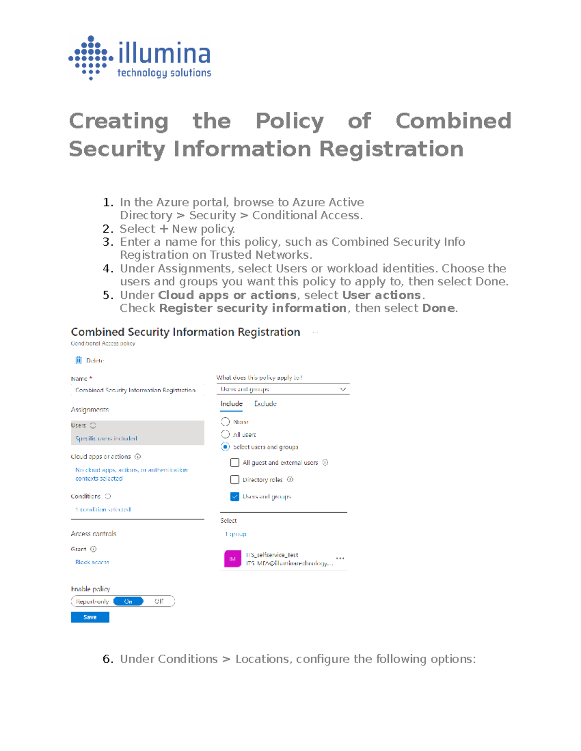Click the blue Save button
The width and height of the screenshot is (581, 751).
90,617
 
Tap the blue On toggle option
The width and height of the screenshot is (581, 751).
128,601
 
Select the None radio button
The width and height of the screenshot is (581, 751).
225,422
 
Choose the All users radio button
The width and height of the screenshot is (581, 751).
225,434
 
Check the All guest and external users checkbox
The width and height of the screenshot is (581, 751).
235,463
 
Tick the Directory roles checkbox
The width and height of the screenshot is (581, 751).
235,480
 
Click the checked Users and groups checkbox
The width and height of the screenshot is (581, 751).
235,497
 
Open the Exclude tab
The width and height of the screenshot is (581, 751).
265,404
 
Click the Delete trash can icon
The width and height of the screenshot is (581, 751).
78,360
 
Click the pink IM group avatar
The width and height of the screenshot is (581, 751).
232,559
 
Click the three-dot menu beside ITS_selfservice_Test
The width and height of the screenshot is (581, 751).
340,558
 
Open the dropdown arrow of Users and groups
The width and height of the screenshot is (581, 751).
343,389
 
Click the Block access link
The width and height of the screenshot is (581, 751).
92,562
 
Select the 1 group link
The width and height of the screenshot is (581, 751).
236,534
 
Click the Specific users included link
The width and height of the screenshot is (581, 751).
106,439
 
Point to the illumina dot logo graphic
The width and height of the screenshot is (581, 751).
91,58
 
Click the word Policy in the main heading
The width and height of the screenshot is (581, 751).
290,121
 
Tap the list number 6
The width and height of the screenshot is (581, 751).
107,659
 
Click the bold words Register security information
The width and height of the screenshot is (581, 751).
252,308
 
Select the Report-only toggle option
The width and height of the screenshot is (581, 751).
92,601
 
